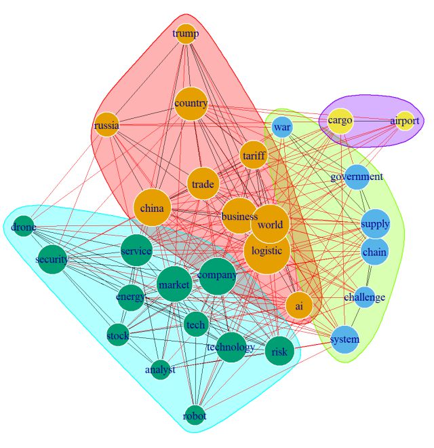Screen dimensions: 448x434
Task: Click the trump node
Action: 186,33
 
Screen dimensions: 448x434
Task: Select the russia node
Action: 107,126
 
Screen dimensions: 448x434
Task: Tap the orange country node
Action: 191,104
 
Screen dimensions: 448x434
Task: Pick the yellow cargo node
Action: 340,121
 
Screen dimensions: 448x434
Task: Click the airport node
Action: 405,121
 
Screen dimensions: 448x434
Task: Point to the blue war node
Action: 282,127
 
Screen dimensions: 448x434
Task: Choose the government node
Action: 357,177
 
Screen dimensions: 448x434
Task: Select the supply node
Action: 375,224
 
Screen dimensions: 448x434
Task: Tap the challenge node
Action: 364,297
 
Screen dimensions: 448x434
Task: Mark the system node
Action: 344,339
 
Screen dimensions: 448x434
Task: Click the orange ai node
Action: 299,306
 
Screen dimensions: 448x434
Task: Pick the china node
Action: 152,208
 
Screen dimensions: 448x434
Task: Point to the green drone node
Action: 24,228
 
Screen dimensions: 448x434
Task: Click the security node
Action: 52,259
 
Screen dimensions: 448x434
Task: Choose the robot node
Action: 195,415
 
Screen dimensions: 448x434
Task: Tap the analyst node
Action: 160,370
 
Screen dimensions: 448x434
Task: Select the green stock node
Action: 117,334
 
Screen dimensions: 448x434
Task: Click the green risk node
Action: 279,351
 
